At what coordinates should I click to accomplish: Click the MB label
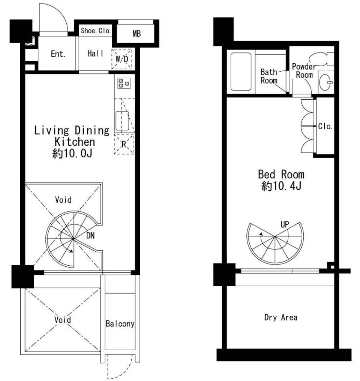coord(136,34)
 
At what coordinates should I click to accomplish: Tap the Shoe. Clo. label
coord(96,30)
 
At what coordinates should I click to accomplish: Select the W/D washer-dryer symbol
coord(122,58)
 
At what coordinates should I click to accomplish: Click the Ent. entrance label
coord(58,54)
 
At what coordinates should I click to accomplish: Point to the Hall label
coord(95,54)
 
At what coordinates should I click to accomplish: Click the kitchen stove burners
coord(124,83)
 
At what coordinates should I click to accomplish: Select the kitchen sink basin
coord(122,121)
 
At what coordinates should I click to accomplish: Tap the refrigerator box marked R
coord(124,144)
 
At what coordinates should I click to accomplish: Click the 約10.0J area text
coord(72,153)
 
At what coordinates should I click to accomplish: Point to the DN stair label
coord(90,235)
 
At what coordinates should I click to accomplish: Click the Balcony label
coord(120,324)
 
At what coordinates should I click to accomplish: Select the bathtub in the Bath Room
coord(241,72)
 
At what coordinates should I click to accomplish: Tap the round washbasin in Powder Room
coord(325,82)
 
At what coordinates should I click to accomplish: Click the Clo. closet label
coord(325,126)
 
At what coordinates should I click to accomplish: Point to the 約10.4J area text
coord(281,186)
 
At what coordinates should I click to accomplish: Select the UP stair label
coord(285,224)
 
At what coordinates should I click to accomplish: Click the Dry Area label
coord(281,317)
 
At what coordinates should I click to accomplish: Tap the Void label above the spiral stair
coord(63,200)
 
